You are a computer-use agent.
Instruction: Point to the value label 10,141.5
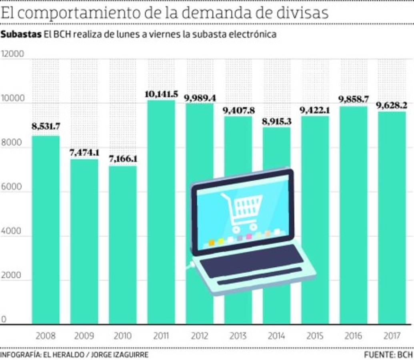point(161,94)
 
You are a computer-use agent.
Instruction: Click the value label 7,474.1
point(84,153)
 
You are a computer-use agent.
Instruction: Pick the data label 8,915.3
point(276,122)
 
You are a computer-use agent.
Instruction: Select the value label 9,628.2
point(392,106)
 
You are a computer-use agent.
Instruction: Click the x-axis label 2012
point(200,336)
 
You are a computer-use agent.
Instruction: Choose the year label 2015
point(315,336)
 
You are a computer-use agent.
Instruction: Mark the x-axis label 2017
point(392,336)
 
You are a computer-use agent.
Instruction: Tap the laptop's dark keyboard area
point(251,260)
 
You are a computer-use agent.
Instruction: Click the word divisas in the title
point(303,12)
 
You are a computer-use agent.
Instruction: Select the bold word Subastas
point(21,34)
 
